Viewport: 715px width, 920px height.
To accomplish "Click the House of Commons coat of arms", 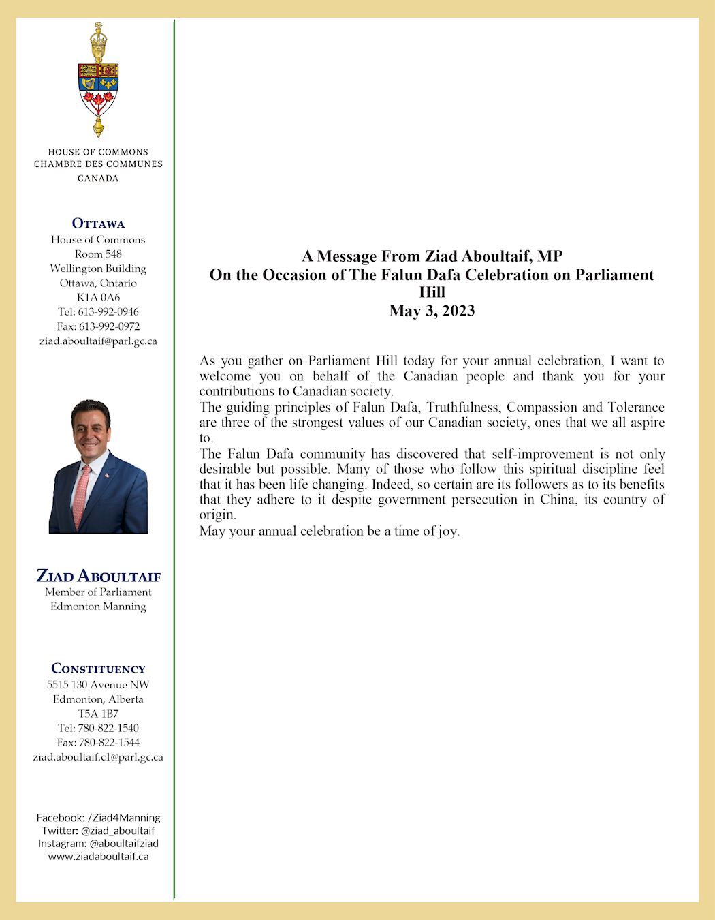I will (x=98, y=80).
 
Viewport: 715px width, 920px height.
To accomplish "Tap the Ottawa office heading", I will (x=98, y=224).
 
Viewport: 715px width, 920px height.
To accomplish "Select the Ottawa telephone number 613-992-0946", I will (x=108, y=311).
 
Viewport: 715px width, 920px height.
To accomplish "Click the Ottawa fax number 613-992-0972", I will (x=109, y=326).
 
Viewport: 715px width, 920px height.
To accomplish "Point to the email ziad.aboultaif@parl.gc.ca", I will (x=98, y=341).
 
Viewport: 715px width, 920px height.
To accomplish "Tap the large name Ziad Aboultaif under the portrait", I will (x=98, y=576).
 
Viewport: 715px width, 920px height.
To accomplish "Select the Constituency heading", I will (x=98, y=669).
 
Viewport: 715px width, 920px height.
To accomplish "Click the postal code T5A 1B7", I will (x=98, y=714).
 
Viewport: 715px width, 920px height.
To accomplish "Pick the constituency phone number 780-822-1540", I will (x=108, y=728).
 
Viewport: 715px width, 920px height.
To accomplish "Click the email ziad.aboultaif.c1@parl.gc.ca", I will (x=98, y=757).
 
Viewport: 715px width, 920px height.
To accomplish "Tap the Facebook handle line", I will (x=98, y=818).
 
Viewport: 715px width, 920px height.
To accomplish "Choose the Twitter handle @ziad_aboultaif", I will (x=118, y=831).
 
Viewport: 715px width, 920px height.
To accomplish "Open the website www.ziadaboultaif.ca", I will (x=98, y=857).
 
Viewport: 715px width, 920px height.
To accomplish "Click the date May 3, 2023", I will (x=432, y=311).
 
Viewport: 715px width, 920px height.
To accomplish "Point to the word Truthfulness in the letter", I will (x=463, y=408).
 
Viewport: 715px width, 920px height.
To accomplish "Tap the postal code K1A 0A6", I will (x=98, y=297).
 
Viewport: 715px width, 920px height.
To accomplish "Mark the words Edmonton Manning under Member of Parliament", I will (x=98, y=607).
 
